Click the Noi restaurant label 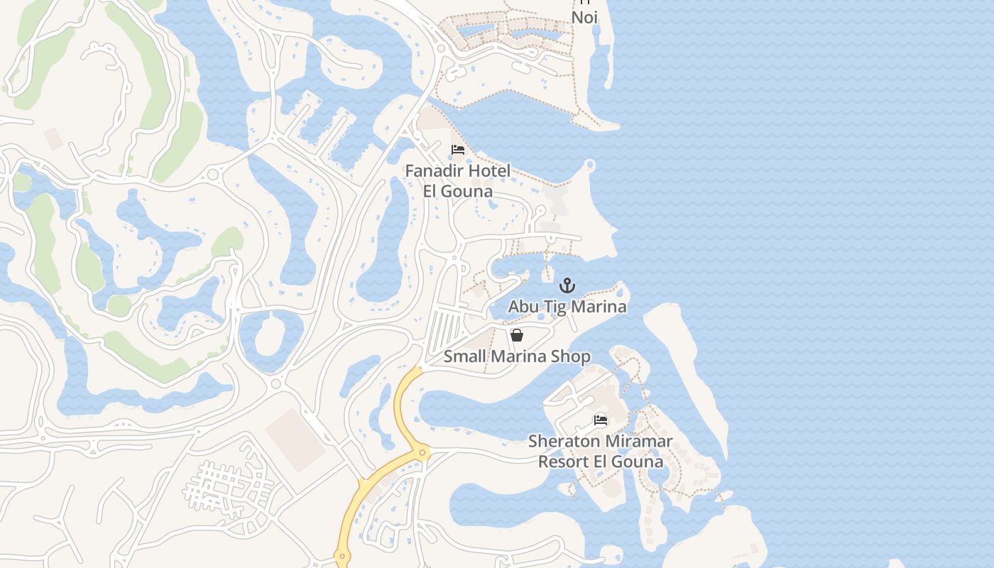[x=584, y=17]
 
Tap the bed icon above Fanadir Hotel [x=458, y=150]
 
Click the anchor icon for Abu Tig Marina [x=567, y=285]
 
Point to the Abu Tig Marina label [x=567, y=307]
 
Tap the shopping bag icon [x=517, y=334]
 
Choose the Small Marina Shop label [x=517, y=356]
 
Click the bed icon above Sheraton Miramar [x=601, y=420]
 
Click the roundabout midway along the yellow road [x=422, y=452]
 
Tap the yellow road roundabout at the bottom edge [x=342, y=557]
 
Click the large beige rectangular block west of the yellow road [x=295, y=439]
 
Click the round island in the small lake [x=269, y=337]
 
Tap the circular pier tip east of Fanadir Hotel [x=589, y=165]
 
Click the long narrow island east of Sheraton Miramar [x=692, y=369]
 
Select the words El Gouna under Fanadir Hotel [x=458, y=192]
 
